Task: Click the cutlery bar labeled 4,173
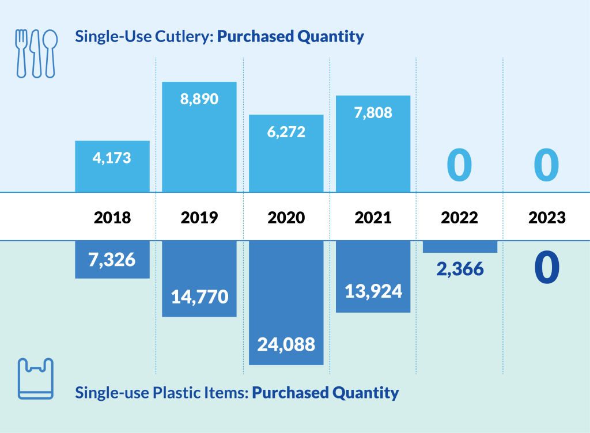tap(112, 166)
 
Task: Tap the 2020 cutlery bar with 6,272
tap(286, 153)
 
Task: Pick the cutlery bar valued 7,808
tap(373, 144)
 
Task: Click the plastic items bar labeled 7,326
tap(112, 260)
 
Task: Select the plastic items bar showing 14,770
tap(199, 279)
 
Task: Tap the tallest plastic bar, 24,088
tap(286, 303)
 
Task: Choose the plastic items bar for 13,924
tap(373, 276)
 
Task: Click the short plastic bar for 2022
tap(460, 246)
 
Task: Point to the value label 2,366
tap(460, 269)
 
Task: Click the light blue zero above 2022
tap(460, 165)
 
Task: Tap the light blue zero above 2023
tap(546, 165)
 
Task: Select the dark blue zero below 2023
tap(546, 268)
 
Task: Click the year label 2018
tap(112, 218)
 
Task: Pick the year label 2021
tap(373, 218)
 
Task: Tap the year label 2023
tap(546, 218)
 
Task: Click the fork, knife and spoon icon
tap(36, 54)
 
